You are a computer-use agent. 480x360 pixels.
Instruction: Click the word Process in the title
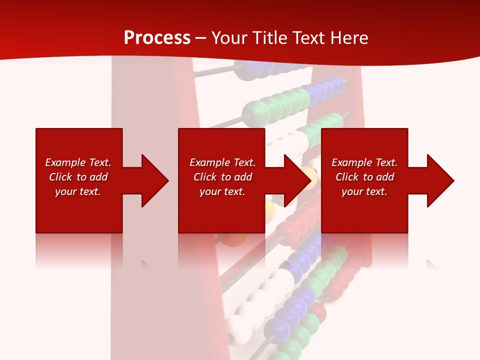(157, 37)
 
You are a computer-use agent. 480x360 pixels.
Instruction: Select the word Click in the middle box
(205, 177)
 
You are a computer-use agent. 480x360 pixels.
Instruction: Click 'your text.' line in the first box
(78, 191)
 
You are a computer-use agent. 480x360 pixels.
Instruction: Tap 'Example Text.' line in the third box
(364, 162)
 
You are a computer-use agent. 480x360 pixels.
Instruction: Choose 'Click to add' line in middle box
(222, 177)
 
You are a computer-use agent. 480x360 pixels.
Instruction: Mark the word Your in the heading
(229, 37)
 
